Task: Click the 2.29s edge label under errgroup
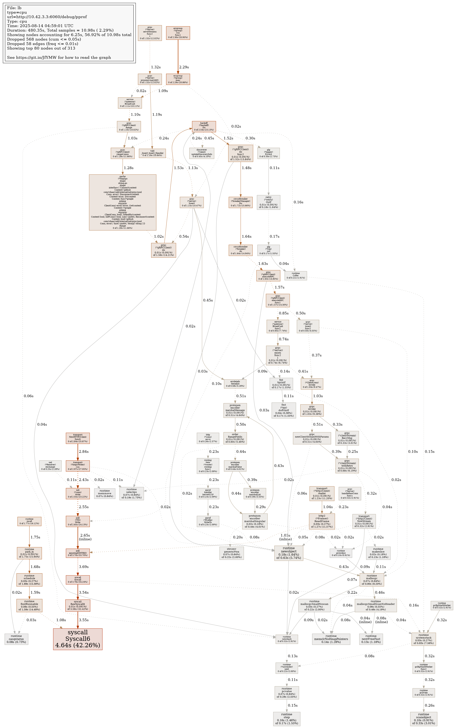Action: coord(184,67)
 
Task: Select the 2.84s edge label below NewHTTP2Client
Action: coord(83,451)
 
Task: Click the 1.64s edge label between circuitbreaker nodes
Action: coord(247,237)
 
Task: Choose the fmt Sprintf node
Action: coord(281,384)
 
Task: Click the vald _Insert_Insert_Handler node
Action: coord(152,153)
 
